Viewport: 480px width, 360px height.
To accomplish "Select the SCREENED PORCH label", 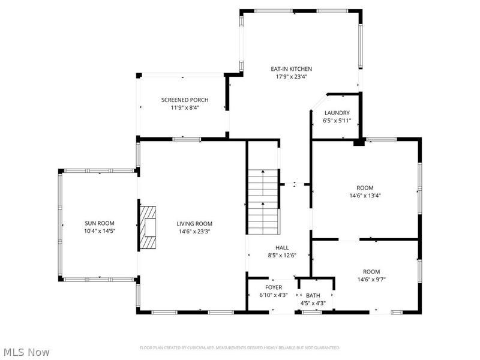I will click(x=185, y=100).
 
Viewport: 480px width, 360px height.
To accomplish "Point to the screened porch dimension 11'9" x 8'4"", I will click(x=185, y=107).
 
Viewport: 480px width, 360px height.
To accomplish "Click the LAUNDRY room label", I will click(x=337, y=113).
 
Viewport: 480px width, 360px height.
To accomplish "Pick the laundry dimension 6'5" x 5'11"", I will click(x=337, y=121).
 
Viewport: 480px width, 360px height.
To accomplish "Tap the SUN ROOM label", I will click(x=99, y=223).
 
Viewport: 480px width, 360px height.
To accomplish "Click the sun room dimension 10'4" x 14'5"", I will click(x=99, y=231).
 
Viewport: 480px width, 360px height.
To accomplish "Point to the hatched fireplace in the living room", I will click(x=147, y=227).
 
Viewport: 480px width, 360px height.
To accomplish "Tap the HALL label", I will click(x=282, y=248).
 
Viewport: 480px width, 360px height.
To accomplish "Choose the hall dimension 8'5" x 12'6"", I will click(x=282, y=256).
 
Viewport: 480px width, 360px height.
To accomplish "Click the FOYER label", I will click(x=274, y=287).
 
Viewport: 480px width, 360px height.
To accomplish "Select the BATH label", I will click(x=313, y=295).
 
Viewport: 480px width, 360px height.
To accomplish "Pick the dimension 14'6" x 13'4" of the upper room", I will click(x=365, y=195).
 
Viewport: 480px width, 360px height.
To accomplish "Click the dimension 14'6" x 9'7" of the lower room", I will click(x=371, y=279).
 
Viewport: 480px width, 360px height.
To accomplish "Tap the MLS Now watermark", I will click(x=26, y=352).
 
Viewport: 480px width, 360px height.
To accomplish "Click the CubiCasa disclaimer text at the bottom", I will click(x=240, y=347).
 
